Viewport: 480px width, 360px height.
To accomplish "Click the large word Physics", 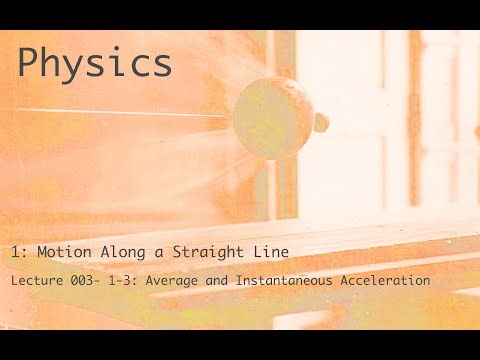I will [x=95, y=64].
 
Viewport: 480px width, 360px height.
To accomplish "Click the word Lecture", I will [x=36, y=281].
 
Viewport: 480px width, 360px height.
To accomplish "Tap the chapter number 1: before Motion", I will [x=21, y=250].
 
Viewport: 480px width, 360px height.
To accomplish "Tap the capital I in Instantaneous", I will [x=242, y=281].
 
